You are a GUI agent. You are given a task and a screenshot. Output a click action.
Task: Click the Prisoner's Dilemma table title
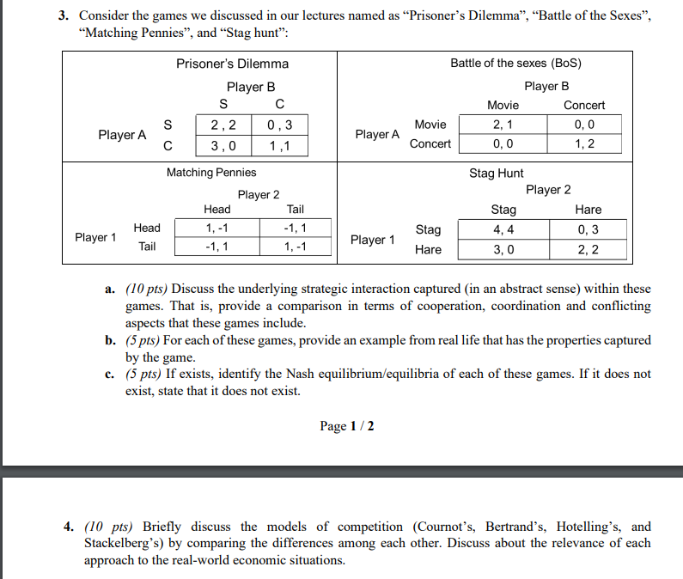click(x=232, y=64)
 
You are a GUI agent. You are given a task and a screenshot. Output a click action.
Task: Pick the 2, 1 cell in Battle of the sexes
click(x=503, y=125)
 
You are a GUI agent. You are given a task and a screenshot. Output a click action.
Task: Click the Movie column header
click(x=503, y=105)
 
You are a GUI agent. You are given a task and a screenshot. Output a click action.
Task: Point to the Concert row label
click(x=430, y=143)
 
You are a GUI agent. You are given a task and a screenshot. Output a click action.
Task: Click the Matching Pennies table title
click(x=211, y=173)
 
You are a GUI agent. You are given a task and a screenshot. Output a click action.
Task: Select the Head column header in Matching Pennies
click(x=216, y=209)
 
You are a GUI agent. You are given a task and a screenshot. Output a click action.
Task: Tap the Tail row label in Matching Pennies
click(x=147, y=247)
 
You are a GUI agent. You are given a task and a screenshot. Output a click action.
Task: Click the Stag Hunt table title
click(x=496, y=173)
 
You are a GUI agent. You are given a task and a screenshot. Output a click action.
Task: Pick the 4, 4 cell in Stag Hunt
click(x=503, y=229)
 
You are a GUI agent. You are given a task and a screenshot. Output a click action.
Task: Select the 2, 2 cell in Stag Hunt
click(x=588, y=249)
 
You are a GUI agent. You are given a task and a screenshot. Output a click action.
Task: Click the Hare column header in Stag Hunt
click(x=588, y=210)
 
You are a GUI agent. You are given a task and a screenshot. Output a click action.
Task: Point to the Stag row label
click(x=428, y=229)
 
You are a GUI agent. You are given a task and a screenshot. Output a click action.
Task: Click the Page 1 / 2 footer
click(x=346, y=426)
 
